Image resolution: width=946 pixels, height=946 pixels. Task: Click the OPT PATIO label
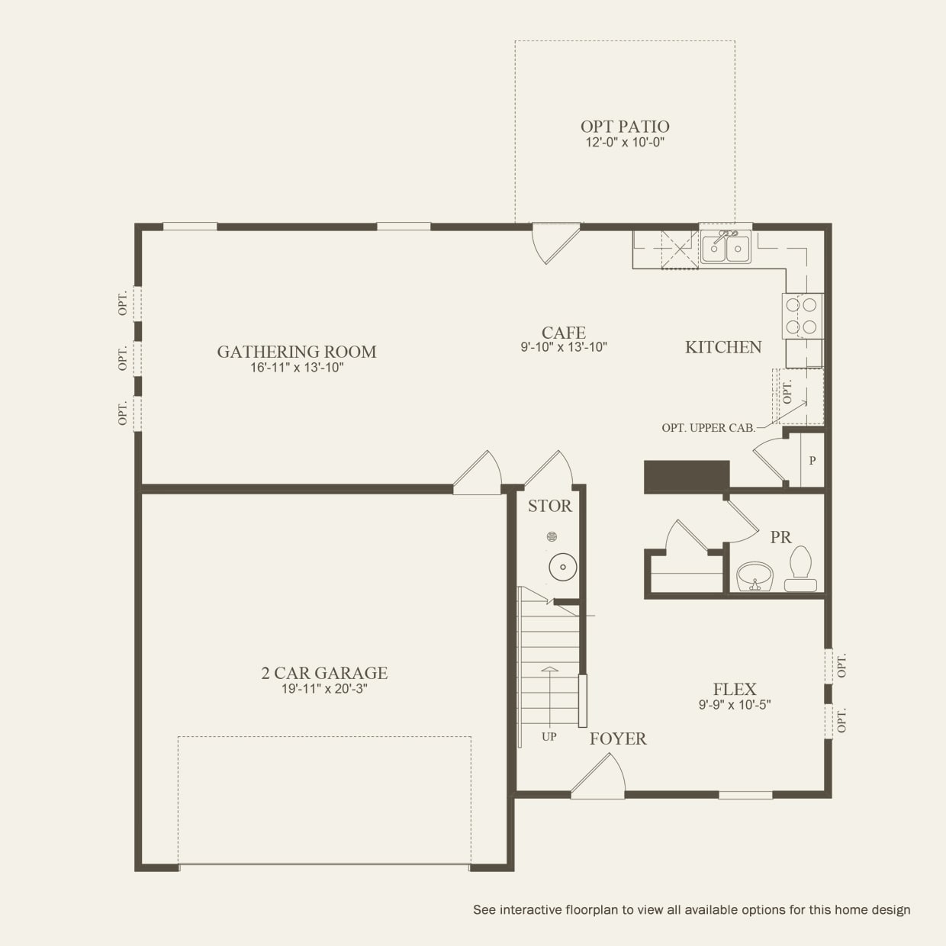point(625,127)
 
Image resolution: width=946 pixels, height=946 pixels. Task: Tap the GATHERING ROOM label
point(297,352)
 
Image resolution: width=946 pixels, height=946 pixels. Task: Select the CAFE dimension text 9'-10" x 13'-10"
point(564,347)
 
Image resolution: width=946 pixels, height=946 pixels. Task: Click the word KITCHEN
point(723,347)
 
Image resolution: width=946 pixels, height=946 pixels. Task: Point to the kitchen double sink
point(726,248)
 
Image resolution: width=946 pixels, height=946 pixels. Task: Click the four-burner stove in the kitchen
point(802,316)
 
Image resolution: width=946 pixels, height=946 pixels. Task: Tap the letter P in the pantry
point(812,461)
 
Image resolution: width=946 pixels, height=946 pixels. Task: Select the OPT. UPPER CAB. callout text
point(709,427)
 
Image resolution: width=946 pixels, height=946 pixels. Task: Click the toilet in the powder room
point(800,568)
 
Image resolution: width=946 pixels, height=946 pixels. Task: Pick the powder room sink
point(755,577)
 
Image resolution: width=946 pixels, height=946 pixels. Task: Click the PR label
point(780,537)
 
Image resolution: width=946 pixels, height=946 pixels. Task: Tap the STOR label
point(550,506)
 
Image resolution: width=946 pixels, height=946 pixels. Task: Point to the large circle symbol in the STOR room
point(562,567)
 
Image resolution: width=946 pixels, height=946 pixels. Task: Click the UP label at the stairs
point(549,736)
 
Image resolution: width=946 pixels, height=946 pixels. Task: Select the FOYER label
point(618,738)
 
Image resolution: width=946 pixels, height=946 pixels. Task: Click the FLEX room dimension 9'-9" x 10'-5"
point(735,705)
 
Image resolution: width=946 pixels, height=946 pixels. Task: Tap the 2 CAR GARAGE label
point(324,673)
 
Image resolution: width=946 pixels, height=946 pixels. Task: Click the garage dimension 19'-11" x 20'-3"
point(324,689)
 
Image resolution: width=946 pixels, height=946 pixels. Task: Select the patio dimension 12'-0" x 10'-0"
point(625,143)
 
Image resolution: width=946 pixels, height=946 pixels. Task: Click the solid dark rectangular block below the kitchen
point(687,476)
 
